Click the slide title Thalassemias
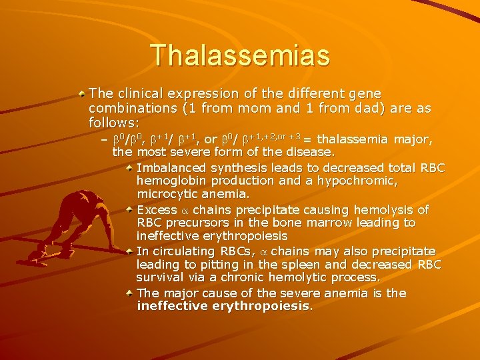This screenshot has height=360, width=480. click(x=240, y=55)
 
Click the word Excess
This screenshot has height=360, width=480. click(x=153, y=209)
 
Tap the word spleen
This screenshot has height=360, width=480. click(x=283, y=264)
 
